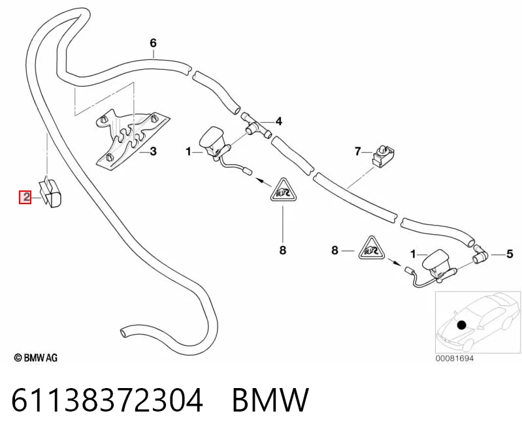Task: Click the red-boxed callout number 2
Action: [25, 198]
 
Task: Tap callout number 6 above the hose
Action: [153, 43]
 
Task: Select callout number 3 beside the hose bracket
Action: [153, 151]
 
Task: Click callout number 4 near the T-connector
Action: [279, 121]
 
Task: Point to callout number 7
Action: [358, 151]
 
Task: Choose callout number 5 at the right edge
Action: [510, 254]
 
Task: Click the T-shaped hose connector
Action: [255, 126]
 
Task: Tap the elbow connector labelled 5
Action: [480, 254]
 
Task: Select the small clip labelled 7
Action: [383, 155]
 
